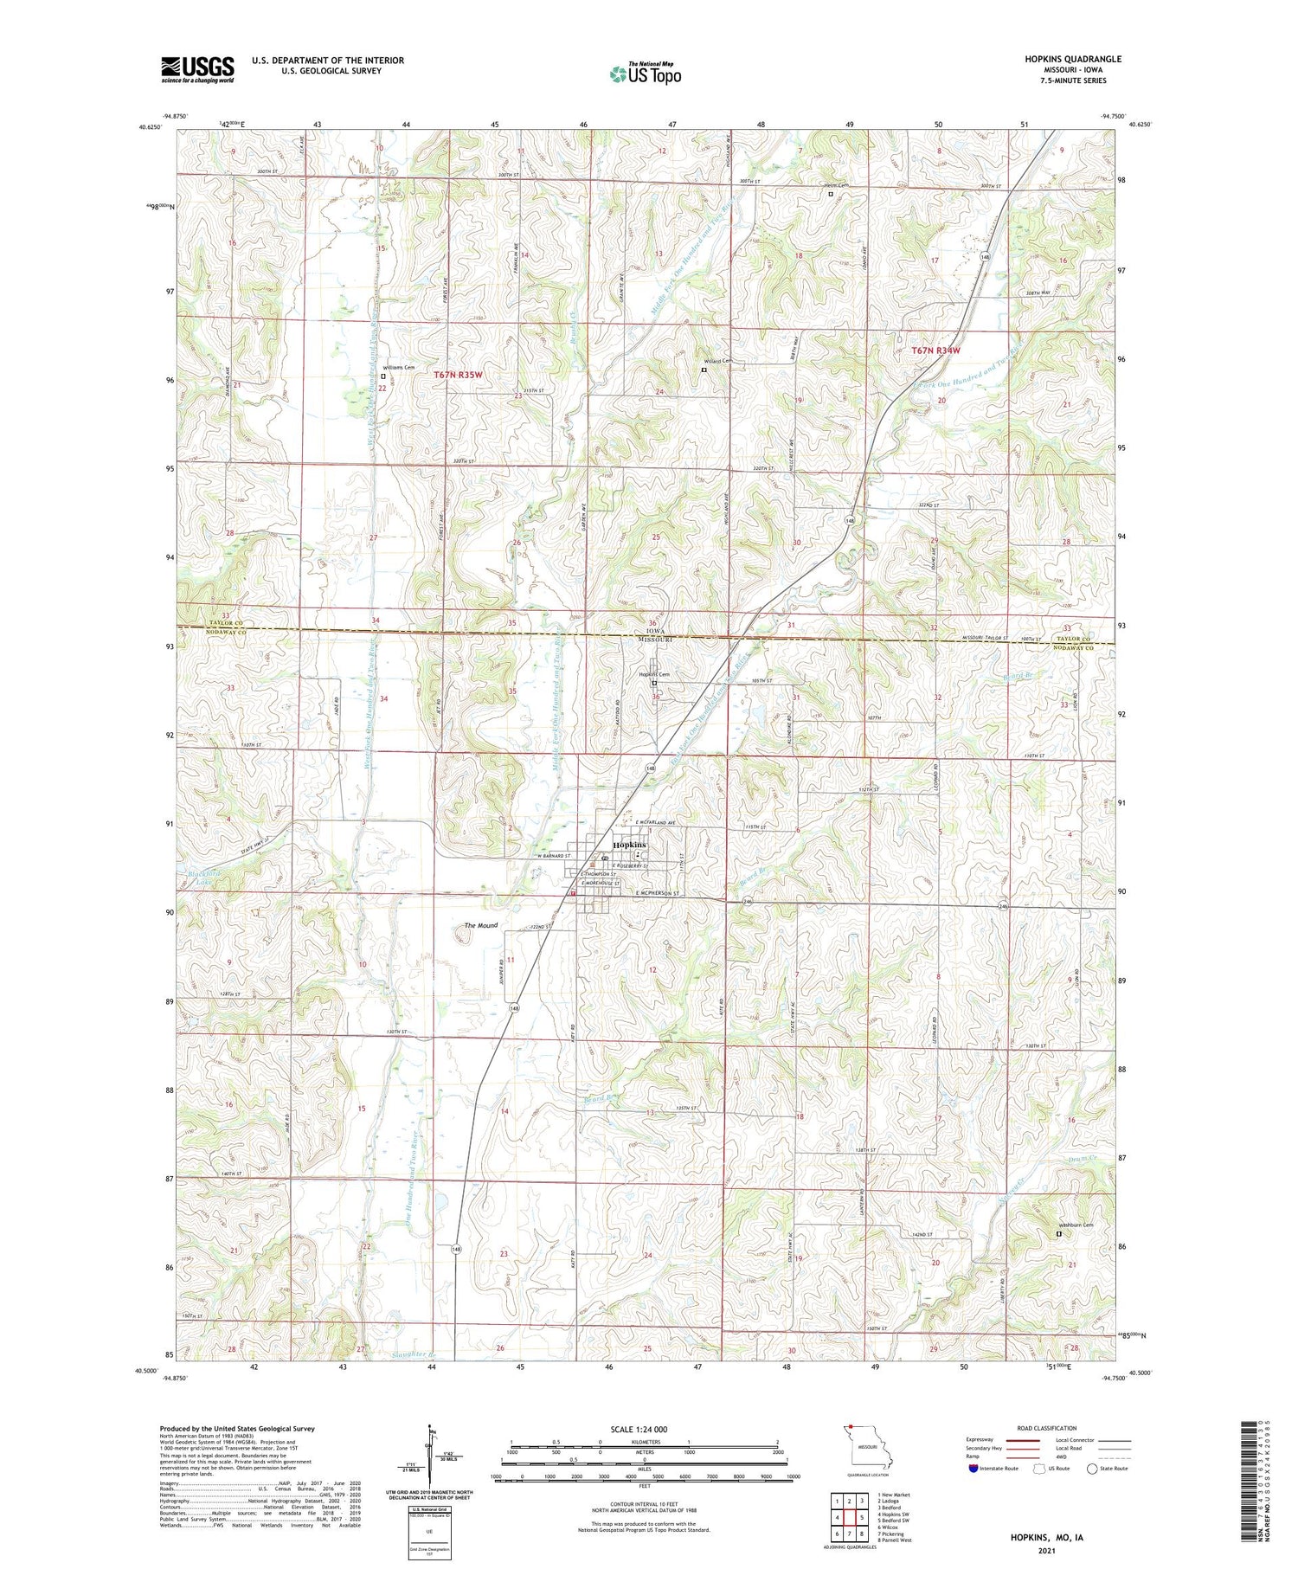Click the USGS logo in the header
pyautogui.click(x=197, y=69)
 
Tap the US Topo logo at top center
pyautogui.click(x=645, y=74)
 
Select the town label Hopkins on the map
pyautogui.click(x=629, y=845)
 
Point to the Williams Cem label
pyautogui.click(x=399, y=367)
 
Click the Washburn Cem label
pyautogui.click(x=1076, y=1225)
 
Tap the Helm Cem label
pyautogui.click(x=837, y=185)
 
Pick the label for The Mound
pyautogui.click(x=481, y=925)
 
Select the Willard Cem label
pyautogui.click(x=717, y=361)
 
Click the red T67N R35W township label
pyautogui.click(x=457, y=375)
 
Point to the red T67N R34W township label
pyautogui.click(x=935, y=350)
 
